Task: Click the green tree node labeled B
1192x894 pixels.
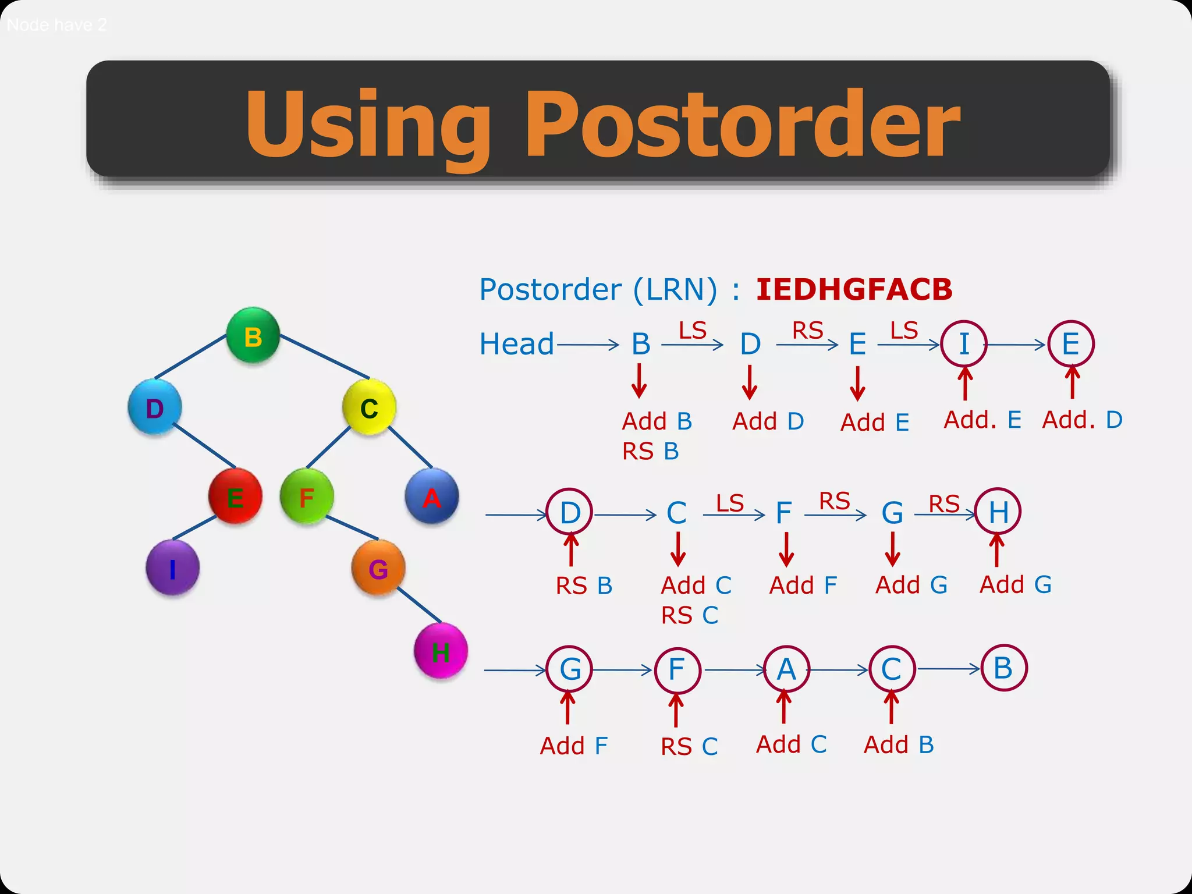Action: (253, 336)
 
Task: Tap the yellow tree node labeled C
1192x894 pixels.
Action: (369, 407)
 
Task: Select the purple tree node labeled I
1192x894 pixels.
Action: (172, 567)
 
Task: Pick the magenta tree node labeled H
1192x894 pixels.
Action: (441, 651)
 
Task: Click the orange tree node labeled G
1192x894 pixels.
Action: (378, 568)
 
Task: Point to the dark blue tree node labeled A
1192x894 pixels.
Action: (431, 497)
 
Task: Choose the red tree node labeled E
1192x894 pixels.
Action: (235, 497)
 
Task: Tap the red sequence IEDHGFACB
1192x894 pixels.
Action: (854, 289)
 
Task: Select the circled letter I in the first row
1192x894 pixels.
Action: (964, 343)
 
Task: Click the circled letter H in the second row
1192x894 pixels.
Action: (998, 512)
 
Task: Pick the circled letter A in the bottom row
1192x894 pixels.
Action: (786, 669)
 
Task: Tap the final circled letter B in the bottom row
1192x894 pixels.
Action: (1003, 668)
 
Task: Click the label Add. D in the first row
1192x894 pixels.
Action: (1082, 419)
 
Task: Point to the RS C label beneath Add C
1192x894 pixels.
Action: (690, 615)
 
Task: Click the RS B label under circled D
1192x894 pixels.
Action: (584, 586)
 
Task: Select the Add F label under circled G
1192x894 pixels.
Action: (574, 746)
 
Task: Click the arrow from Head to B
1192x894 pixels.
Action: (588, 345)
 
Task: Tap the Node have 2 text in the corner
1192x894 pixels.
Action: (57, 24)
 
